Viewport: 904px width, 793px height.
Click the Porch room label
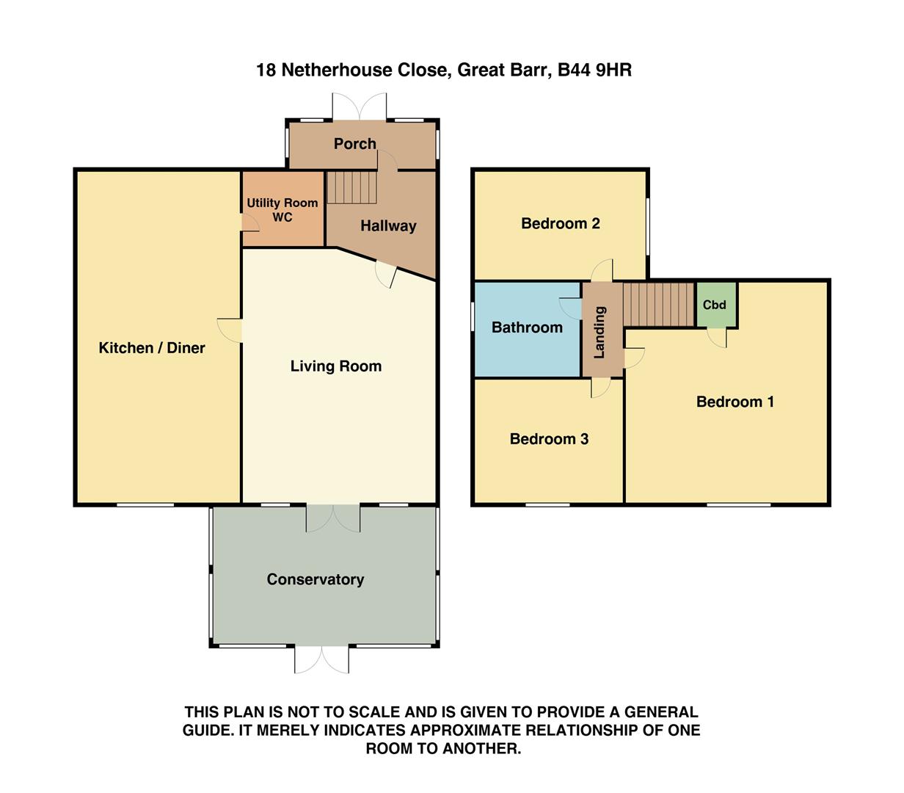click(x=355, y=144)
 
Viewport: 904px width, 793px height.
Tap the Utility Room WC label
click(x=282, y=209)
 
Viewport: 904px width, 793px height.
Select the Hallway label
click(x=388, y=226)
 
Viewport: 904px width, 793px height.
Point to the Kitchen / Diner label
click(x=152, y=348)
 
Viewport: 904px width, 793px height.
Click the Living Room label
click(x=336, y=366)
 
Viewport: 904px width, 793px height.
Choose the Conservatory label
click(x=316, y=579)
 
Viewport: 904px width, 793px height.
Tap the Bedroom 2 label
click(x=561, y=223)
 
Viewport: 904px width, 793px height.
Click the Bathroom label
click(x=527, y=327)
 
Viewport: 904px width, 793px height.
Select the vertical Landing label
click(x=599, y=332)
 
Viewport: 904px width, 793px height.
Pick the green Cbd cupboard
click(x=715, y=305)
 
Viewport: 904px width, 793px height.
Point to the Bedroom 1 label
click(x=734, y=402)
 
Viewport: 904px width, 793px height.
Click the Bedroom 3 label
click(x=549, y=439)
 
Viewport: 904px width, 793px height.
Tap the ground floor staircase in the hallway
click(x=351, y=187)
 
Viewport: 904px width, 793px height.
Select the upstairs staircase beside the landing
click(x=658, y=305)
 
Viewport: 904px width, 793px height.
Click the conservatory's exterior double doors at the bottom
click(x=321, y=659)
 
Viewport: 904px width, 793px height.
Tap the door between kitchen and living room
click(x=230, y=330)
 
